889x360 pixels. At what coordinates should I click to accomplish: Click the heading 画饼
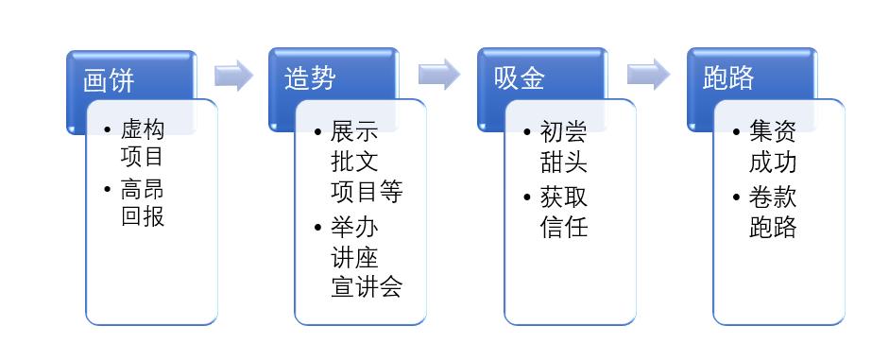[109, 79]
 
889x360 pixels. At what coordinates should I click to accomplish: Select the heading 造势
[309, 79]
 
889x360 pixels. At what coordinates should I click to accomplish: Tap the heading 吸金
[519, 79]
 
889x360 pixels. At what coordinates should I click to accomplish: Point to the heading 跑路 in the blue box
[728, 79]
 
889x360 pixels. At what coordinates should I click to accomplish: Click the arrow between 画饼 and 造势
[233, 76]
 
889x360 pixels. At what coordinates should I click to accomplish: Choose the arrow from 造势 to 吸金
[440, 76]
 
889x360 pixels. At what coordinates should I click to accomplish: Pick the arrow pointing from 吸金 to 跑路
[648, 76]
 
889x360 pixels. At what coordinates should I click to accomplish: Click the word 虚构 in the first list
[143, 130]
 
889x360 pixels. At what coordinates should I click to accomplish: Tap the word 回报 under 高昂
[143, 216]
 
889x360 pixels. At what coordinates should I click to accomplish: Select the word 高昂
[143, 189]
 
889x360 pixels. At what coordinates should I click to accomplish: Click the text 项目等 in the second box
[367, 191]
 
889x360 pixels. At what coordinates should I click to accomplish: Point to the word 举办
[354, 229]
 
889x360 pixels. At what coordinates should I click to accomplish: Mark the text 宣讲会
[367, 286]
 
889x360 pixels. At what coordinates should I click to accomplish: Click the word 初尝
[564, 130]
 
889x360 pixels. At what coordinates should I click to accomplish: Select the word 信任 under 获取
[564, 227]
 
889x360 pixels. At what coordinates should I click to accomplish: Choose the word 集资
[773, 130]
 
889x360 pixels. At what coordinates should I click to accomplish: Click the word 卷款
[773, 198]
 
